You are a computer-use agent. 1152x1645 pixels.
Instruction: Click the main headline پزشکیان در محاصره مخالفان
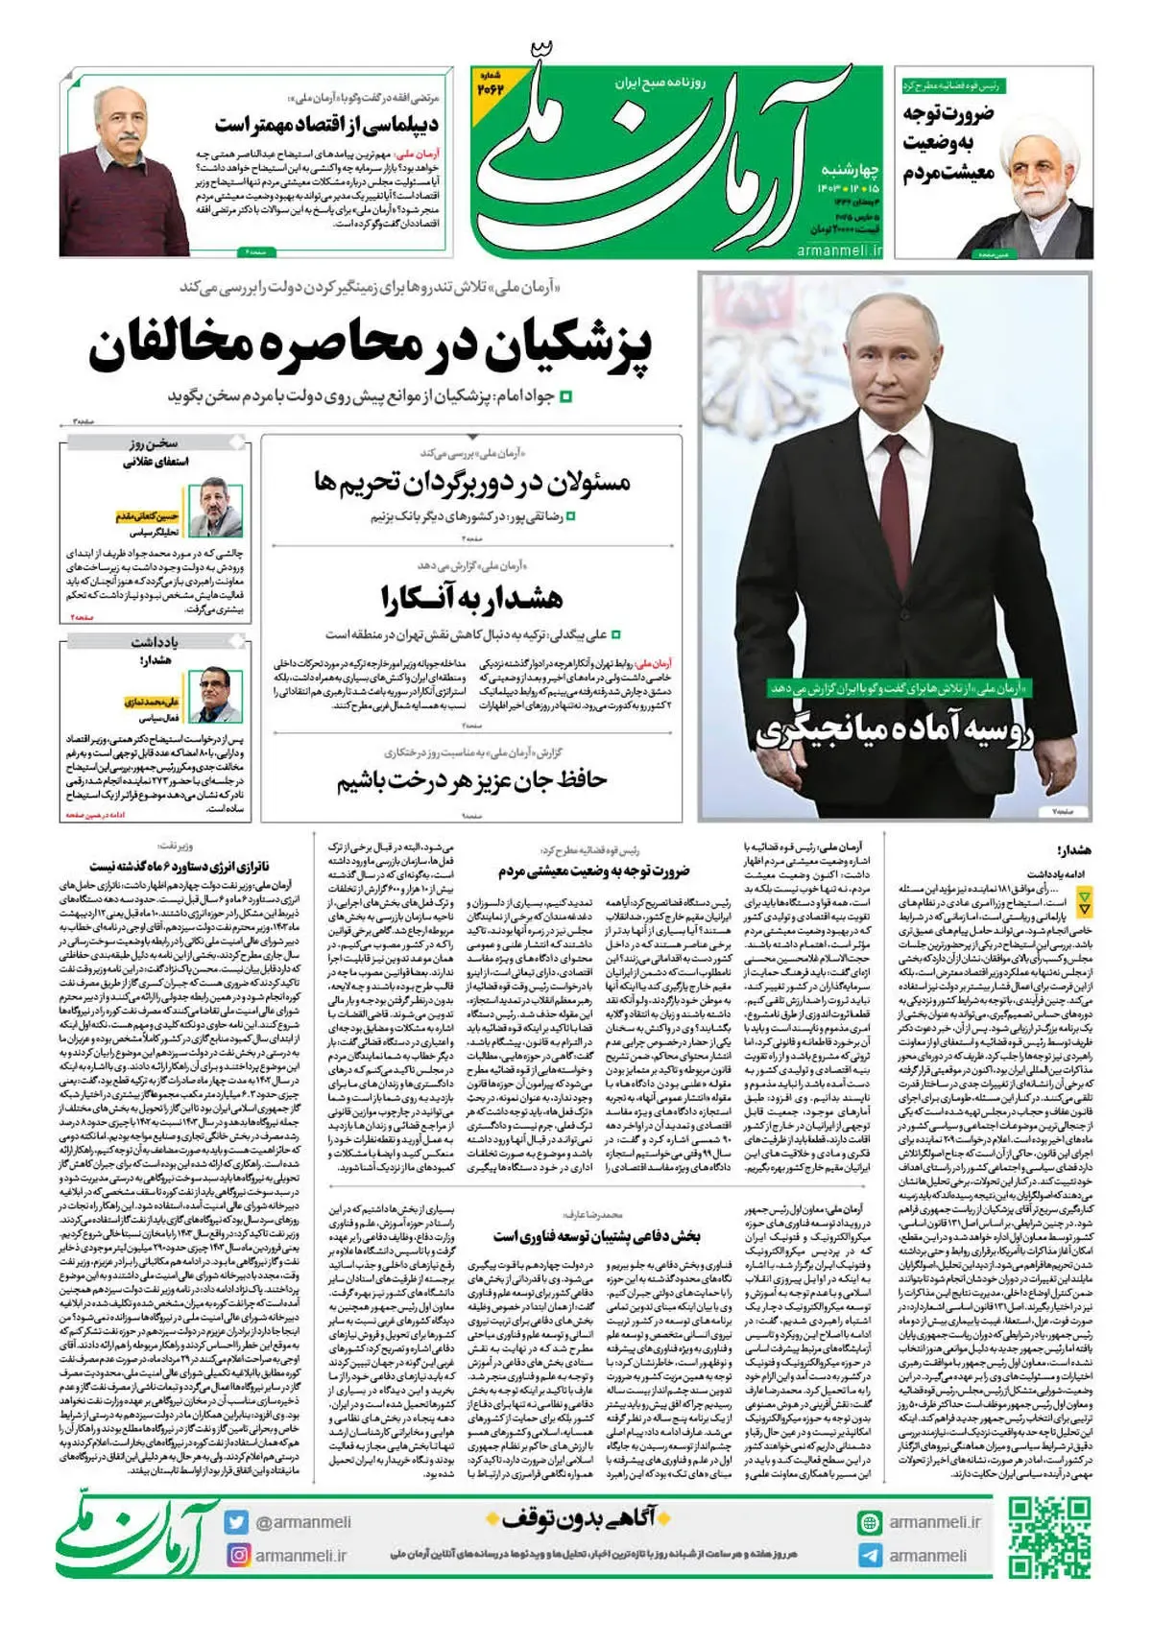pyautogui.click(x=370, y=347)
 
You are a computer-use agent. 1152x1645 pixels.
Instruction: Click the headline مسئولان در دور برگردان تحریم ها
pyautogui.click(x=471, y=482)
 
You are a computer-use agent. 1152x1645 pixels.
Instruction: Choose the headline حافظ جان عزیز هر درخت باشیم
pyautogui.click(x=471, y=780)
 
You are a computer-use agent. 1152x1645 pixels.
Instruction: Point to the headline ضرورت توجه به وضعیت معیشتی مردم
pyautogui.click(x=592, y=871)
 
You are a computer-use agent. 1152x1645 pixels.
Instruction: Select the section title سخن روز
pyautogui.click(x=154, y=443)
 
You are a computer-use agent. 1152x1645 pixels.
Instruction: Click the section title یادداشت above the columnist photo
pyautogui.click(x=155, y=642)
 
